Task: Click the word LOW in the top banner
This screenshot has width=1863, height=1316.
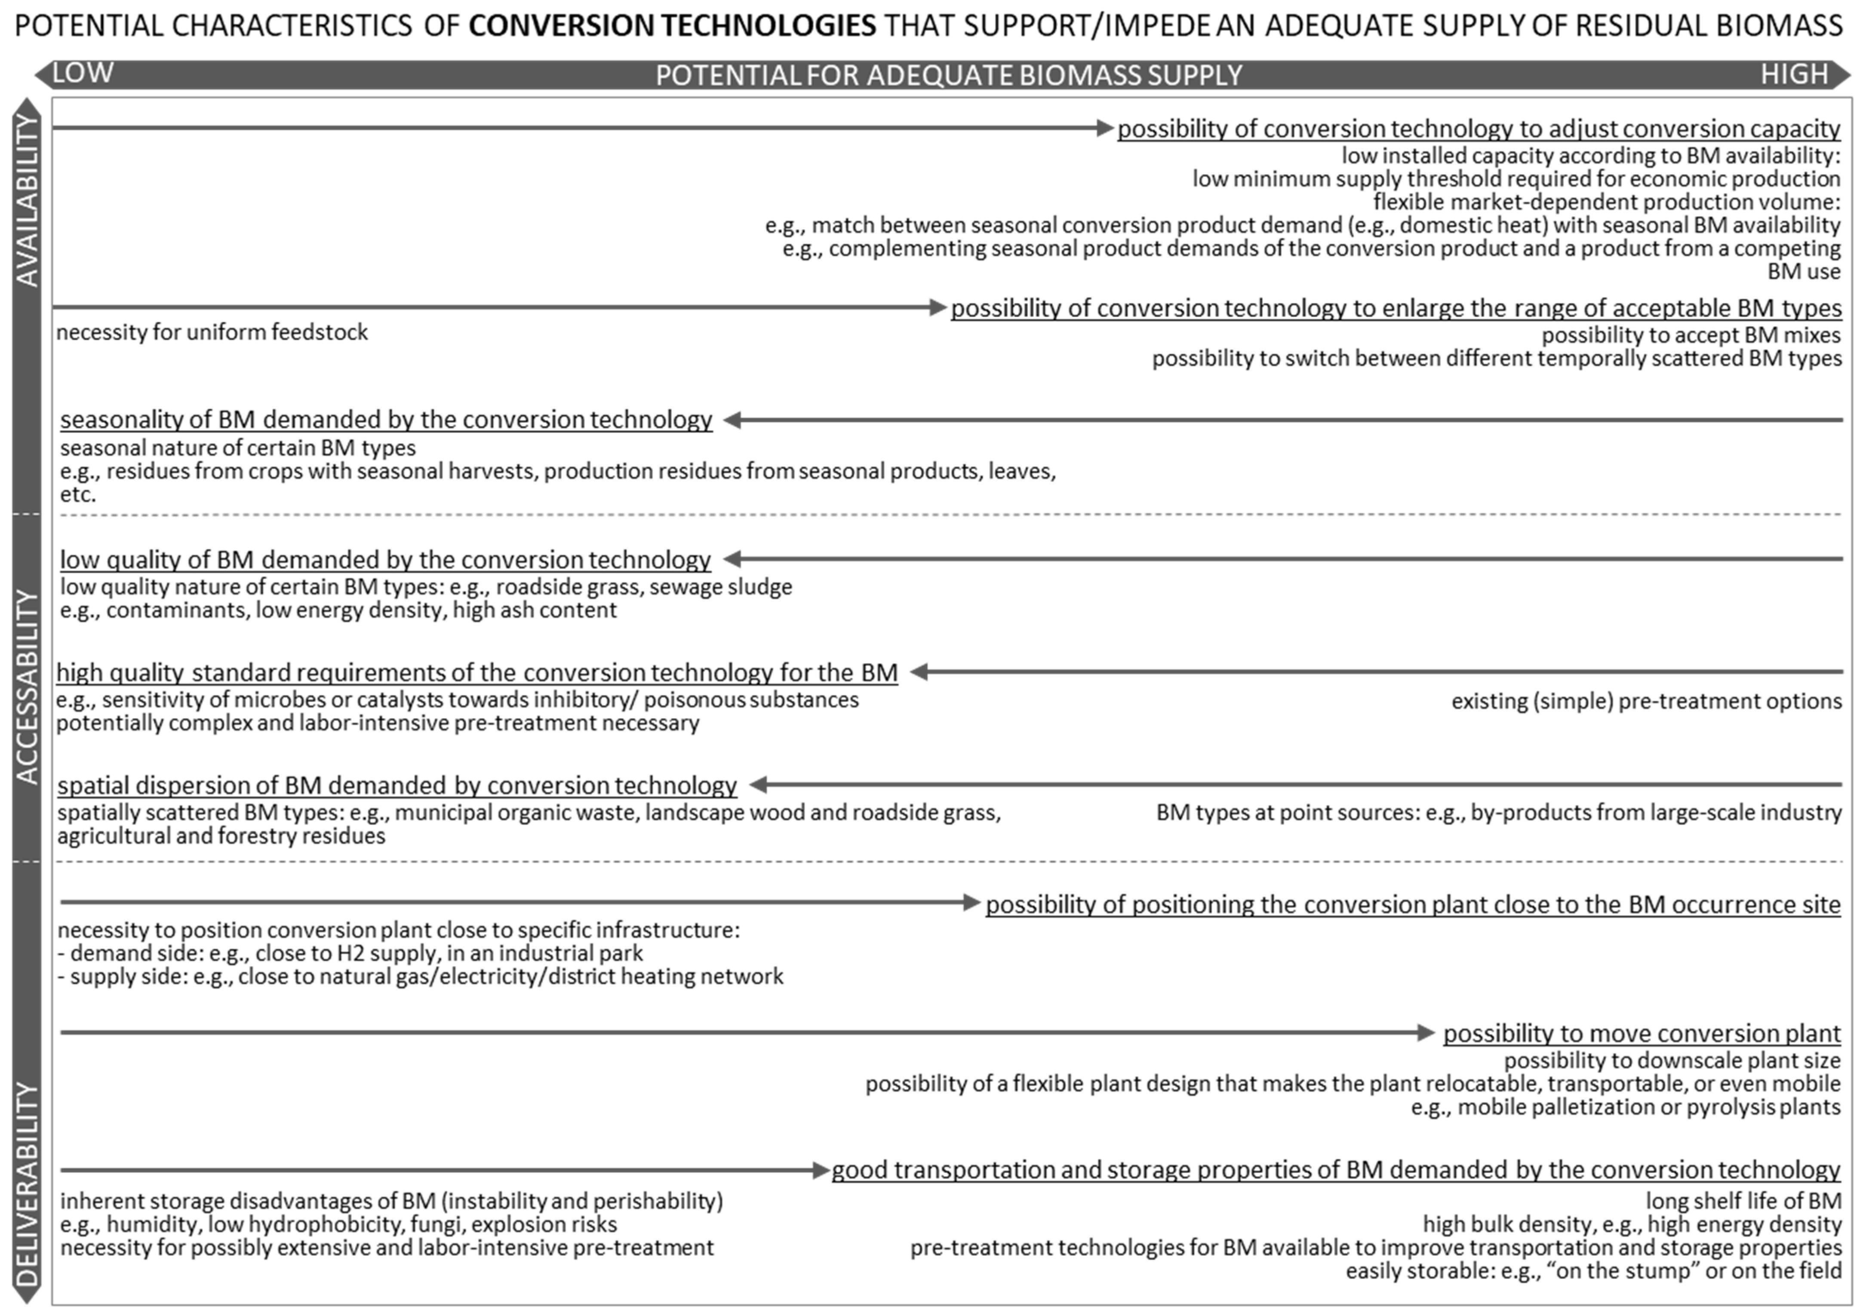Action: pos(83,73)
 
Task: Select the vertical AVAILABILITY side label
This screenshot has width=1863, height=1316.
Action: pos(28,200)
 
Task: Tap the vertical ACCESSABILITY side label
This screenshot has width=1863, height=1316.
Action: pos(28,687)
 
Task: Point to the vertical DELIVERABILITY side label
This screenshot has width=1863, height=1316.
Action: pos(28,1184)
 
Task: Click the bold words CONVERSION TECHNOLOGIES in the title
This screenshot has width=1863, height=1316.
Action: pos(672,26)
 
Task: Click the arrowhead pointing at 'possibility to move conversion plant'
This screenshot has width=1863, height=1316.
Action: pos(1426,1032)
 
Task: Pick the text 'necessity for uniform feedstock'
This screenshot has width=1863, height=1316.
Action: pos(212,333)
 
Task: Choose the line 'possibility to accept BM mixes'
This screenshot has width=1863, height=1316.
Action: pos(1691,335)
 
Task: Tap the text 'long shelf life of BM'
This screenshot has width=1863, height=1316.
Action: pos(1743,1201)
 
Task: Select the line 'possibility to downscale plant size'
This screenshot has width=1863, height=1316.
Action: pos(1672,1061)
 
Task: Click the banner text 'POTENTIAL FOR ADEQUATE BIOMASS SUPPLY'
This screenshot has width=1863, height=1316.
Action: pos(949,76)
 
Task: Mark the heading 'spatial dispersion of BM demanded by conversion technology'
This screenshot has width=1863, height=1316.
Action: pos(397,785)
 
